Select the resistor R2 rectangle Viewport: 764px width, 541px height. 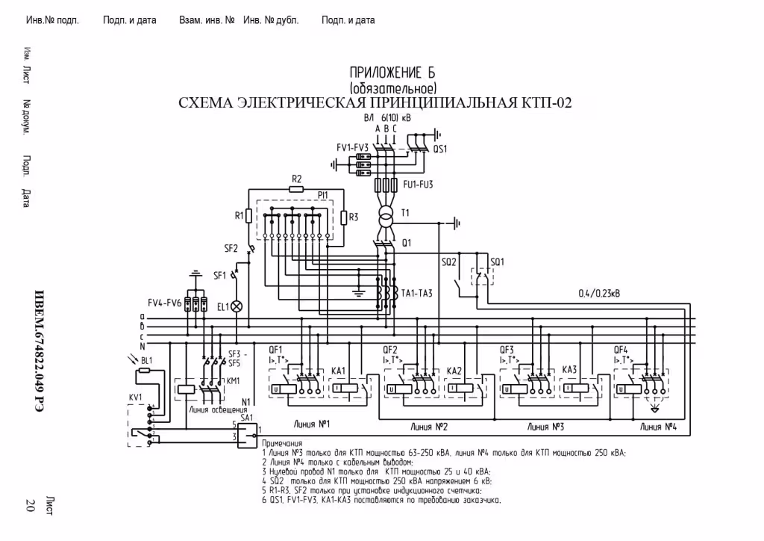tap(296, 189)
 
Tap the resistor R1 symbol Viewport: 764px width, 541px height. tap(250, 217)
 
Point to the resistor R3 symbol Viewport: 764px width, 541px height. tap(343, 217)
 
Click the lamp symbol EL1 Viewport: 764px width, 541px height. tap(237, 306)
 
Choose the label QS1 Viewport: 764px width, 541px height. tap(439, 149)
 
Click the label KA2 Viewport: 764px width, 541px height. tap(454, 371)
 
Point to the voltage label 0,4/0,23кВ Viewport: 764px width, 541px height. tap(598, 293)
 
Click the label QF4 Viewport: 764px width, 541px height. tap(621, 350)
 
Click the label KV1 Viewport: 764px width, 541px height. tap(135, 396)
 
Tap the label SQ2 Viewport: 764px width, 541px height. tap(448, 262)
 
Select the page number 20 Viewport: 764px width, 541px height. tap(31, 504)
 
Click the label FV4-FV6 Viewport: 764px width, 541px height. tap(164, 303)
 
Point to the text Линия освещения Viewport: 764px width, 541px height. tap(218, 410)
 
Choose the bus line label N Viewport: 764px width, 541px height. tap(142, 345)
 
